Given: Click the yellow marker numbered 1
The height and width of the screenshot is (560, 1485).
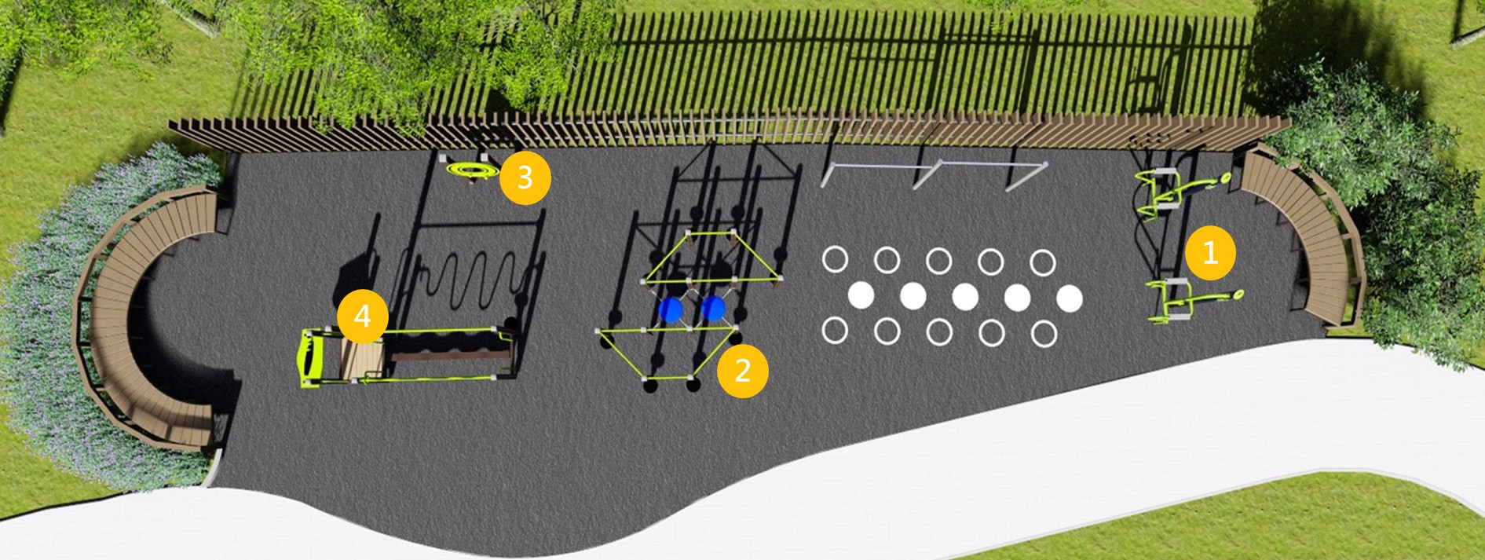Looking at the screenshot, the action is pos(1210,253).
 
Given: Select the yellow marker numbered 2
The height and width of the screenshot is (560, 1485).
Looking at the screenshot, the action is pos(742,371).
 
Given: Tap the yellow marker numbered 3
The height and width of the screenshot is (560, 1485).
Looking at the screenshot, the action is pos(525,178).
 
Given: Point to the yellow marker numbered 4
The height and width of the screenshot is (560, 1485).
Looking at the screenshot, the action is pos(362,317).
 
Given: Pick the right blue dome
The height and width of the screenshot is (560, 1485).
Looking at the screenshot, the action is pos(713,308).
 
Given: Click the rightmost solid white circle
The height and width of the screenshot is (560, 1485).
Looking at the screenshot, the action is pos(1069,298).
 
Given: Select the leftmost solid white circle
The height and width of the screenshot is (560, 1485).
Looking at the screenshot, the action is pos(861,296).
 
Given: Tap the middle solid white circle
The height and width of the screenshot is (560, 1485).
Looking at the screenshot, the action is pos(965,297).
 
